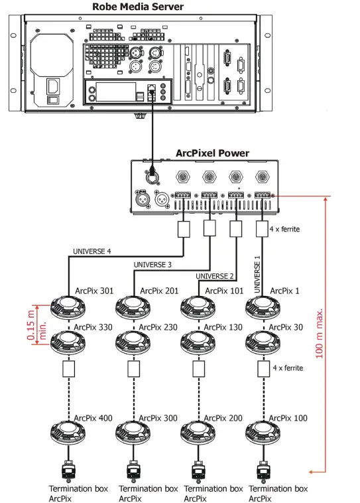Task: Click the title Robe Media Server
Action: [139, 7]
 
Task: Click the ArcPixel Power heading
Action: [212, 153]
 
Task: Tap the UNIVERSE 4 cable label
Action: [92, 251]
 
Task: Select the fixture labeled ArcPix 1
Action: [261, 307]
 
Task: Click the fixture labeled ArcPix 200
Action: [196, 432]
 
